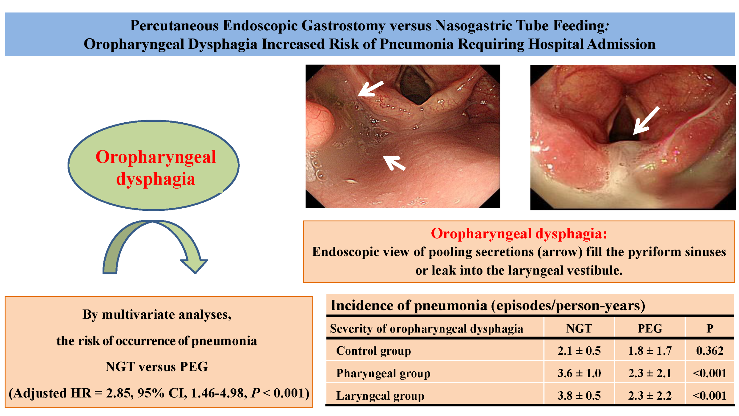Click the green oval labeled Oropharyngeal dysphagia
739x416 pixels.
[x=153, y=165]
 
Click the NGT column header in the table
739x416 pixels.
[x=579, y=328]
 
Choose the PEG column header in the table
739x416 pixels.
[x=650, y=328]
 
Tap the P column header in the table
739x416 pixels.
[x=709, y=328]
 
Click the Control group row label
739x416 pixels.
[x=373, y=351]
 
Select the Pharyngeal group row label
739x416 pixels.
[x=383, y=373]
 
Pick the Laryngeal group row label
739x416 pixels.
[x=380, y=396]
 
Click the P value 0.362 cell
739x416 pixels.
[x=709, y=351]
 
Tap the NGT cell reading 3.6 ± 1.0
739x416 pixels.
[x=579, y=373]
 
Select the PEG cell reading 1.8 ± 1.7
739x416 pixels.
[x=650, y=351]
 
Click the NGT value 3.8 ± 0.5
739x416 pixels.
[x=579, y=396]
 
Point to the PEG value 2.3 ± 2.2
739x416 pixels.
[x=650, y=396]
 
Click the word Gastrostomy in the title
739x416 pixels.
[x=343, y=25]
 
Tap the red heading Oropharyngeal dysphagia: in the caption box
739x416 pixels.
[x=519, y=233]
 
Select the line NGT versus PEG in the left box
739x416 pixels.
[x=157, y=367]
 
